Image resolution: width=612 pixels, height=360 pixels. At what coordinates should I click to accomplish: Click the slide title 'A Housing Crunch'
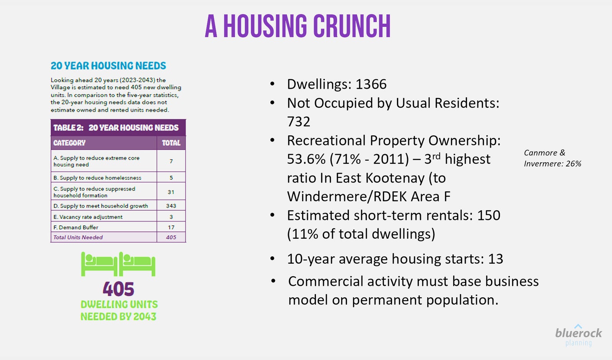pyautogui.click(x=298, y=26)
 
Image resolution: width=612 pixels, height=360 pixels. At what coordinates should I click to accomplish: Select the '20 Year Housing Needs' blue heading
pyautogui.click(x=108, y=66)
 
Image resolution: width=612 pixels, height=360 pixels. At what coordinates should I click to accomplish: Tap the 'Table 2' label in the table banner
pyautogui.click(x=68, y=128)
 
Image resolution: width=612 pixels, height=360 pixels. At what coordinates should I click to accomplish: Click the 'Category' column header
pyautogui.click(x=69, y=143)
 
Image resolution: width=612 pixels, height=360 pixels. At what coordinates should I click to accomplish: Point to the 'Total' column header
pyautogui.click(x=171, y=143)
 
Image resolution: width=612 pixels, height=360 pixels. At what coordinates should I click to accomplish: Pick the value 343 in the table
pyautogui.click(x=171, y=206)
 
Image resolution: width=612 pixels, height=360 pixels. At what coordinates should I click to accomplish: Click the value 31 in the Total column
pyautogui.click(x=171, y=192)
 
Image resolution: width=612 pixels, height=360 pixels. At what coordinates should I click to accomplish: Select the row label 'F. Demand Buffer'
pyautogui.click(x=76, y=227)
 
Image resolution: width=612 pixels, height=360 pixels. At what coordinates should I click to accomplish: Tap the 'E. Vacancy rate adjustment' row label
pyautogui.click(x=88, y=217)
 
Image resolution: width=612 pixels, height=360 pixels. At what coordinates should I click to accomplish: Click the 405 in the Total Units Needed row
pyautogui.click(x=171, y=237)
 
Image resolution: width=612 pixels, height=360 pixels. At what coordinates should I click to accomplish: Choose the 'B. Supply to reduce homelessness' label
pyautogui.click(x=97, y=178)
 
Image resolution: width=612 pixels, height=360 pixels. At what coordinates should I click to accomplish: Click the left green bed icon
pyautogui.click(x=99, y=264)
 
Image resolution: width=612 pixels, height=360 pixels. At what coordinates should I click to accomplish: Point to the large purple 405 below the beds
pyautogui.click(x=118, y=289)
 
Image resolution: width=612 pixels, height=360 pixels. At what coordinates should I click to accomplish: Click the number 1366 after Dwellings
pyautogui.click(x=371, y=84)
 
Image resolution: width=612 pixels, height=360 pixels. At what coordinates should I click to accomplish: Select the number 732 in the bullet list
pyautogui.click(x=299, y=122)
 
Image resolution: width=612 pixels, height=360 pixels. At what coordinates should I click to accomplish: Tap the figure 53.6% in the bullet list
pyautogui.click(x=304, y=159)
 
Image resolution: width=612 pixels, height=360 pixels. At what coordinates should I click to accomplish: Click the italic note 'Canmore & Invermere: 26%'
pyautogui.click(x=552, y=158)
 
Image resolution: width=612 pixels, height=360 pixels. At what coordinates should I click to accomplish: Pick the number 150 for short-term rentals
pyautogui.click(x=488, y=215)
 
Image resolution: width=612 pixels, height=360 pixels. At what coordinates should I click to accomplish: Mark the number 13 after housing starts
pyautogui.click(x=496, y=259)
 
